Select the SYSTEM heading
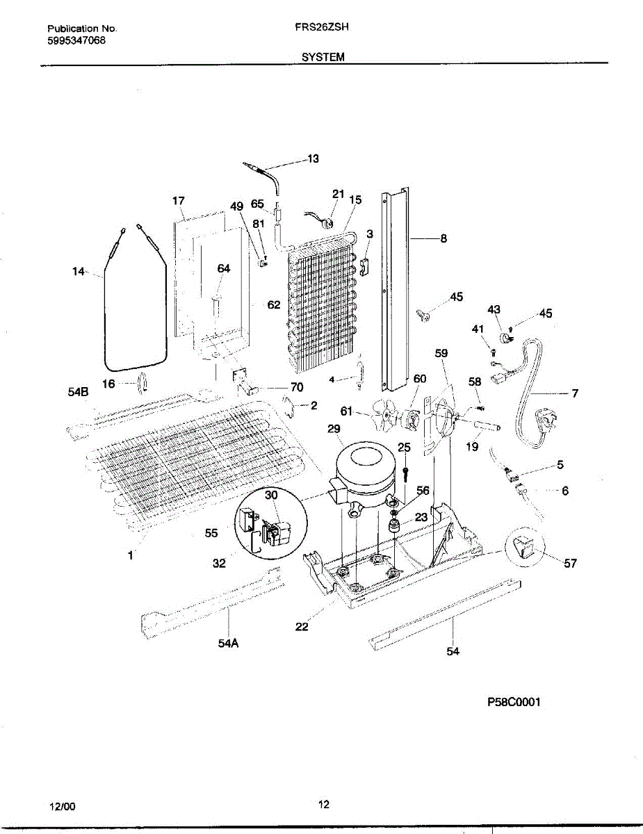[x=323, y=58]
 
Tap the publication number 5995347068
[x=76, y=40]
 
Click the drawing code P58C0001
[x=514, y=702]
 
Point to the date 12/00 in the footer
[x=63, y=807]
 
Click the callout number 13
[x=313, y=159]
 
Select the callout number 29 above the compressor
[x=334, y=430]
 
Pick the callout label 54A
[x=228, y=644]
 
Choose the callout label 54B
[x=79, y=393]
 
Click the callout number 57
[x=570, y=564]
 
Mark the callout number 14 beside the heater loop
[x=78, y=272]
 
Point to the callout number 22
[x=302, y=626]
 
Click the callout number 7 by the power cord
[x=575, y=393]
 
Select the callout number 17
[x=179, y=201]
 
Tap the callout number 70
[x=297, y=388]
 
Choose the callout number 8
[x=443, y=238]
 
